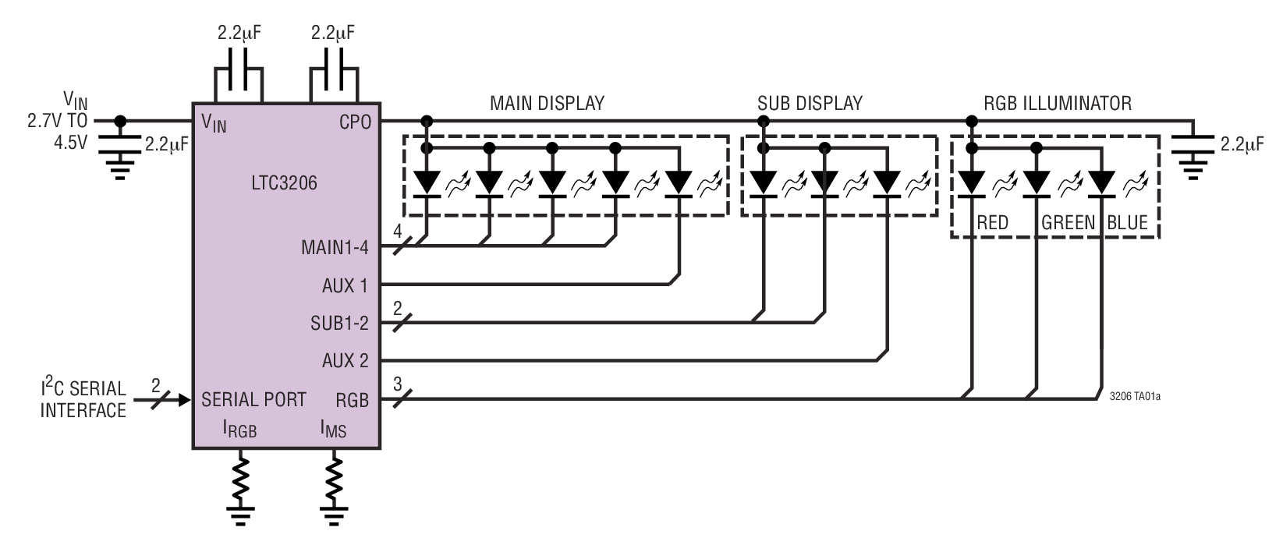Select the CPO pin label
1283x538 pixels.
point(354,122)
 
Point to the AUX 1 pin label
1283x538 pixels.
point(344,285)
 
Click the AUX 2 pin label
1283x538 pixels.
point(345,360)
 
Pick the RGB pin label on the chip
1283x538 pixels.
point(352,400)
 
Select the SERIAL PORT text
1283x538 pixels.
point(253,400)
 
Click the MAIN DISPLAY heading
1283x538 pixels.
point(547,103)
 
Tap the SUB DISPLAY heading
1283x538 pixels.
point(810,103)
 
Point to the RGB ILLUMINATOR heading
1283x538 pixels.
point(1057,103)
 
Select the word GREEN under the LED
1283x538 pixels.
point(1069,223)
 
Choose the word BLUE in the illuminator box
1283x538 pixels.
point(1127,223)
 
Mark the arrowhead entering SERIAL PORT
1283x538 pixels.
point(185,400)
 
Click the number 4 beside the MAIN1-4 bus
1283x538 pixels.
point(397,232)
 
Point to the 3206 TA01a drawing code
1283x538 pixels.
point(1134,396)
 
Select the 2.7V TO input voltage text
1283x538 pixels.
point(56,122)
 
